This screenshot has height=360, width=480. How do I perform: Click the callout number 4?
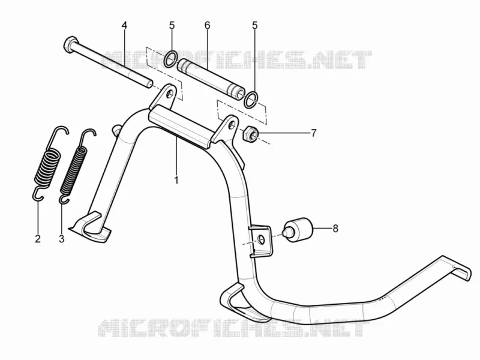[x=124, y=25]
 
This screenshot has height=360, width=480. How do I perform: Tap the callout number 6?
[x=208, y=25]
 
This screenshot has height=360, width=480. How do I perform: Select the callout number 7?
[x=313, y=133]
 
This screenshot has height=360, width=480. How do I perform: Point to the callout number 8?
[x=335, y=229]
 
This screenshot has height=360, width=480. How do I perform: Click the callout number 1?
[x=176, y=180]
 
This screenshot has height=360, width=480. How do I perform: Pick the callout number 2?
[x=38, y=239]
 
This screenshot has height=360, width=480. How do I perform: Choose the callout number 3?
[x=62, y=239]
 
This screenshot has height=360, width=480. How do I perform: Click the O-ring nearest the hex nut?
[x=251, y=99]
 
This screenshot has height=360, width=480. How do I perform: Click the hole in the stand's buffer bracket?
[x=262, y=239]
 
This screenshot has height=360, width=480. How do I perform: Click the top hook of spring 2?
[x=59, y=130]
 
